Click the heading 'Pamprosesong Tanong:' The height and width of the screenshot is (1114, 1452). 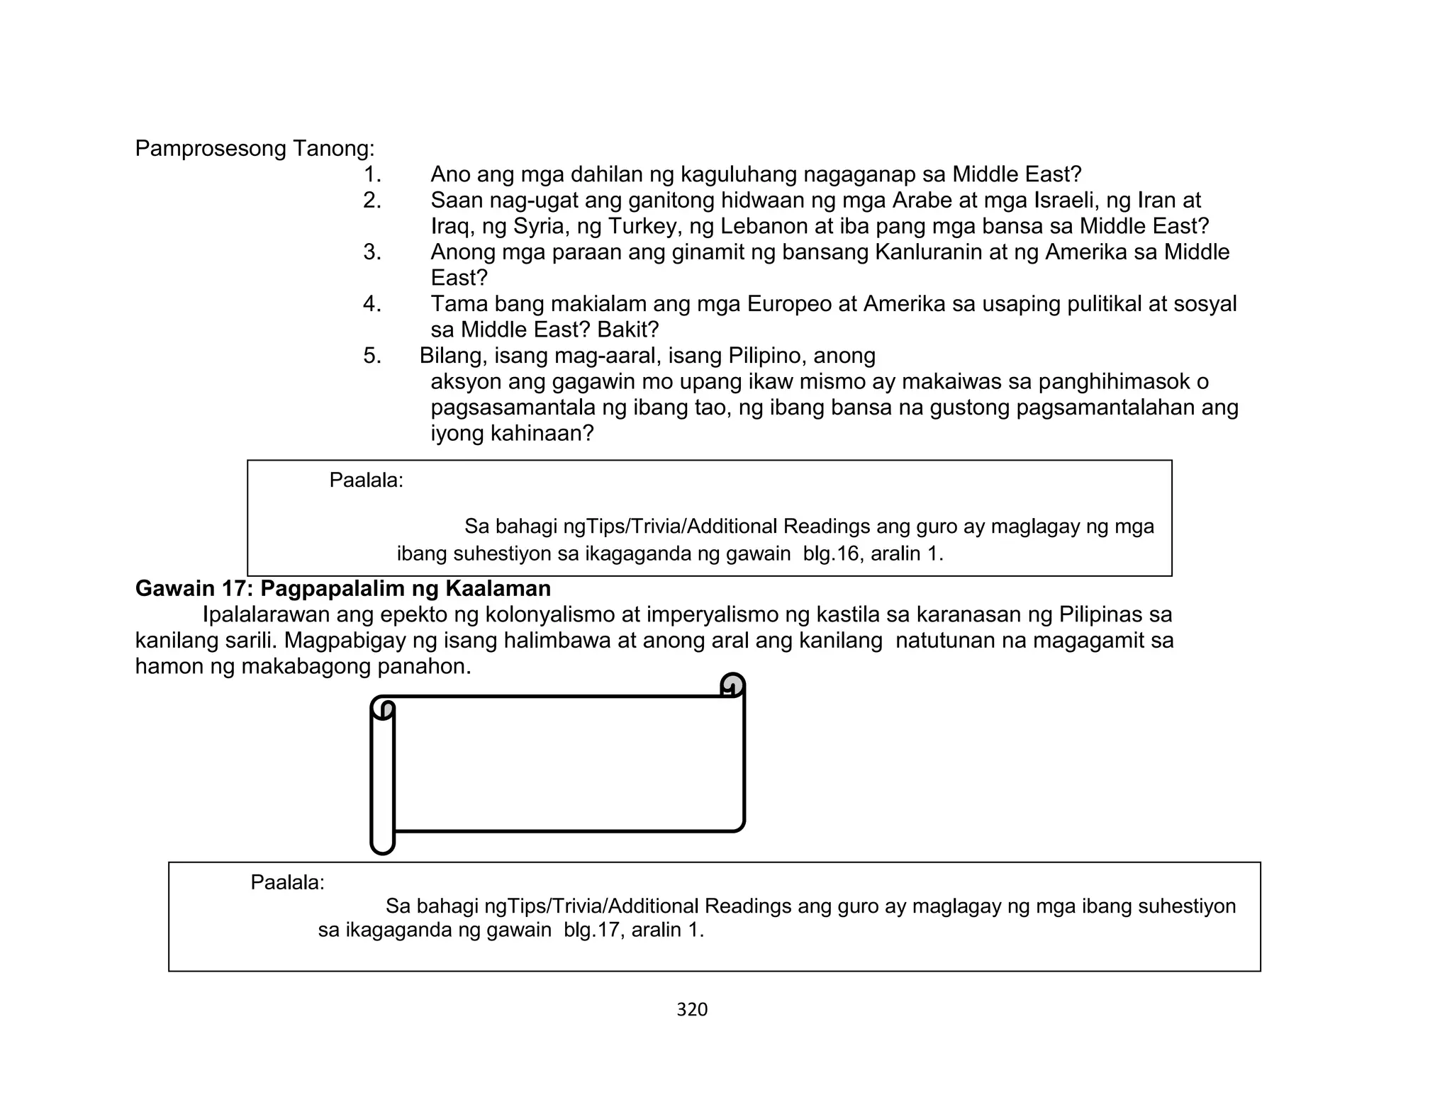click(255, 149)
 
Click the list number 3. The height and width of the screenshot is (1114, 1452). click(372, 252)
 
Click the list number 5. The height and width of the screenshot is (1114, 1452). click(372, 356)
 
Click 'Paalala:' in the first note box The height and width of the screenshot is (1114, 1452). click(366, 480)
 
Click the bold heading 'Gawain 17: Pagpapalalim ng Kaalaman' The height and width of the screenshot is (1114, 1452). click(343, 588)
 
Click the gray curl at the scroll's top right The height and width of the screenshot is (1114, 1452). click(732, 685)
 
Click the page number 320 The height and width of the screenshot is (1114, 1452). click(692, 1010)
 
